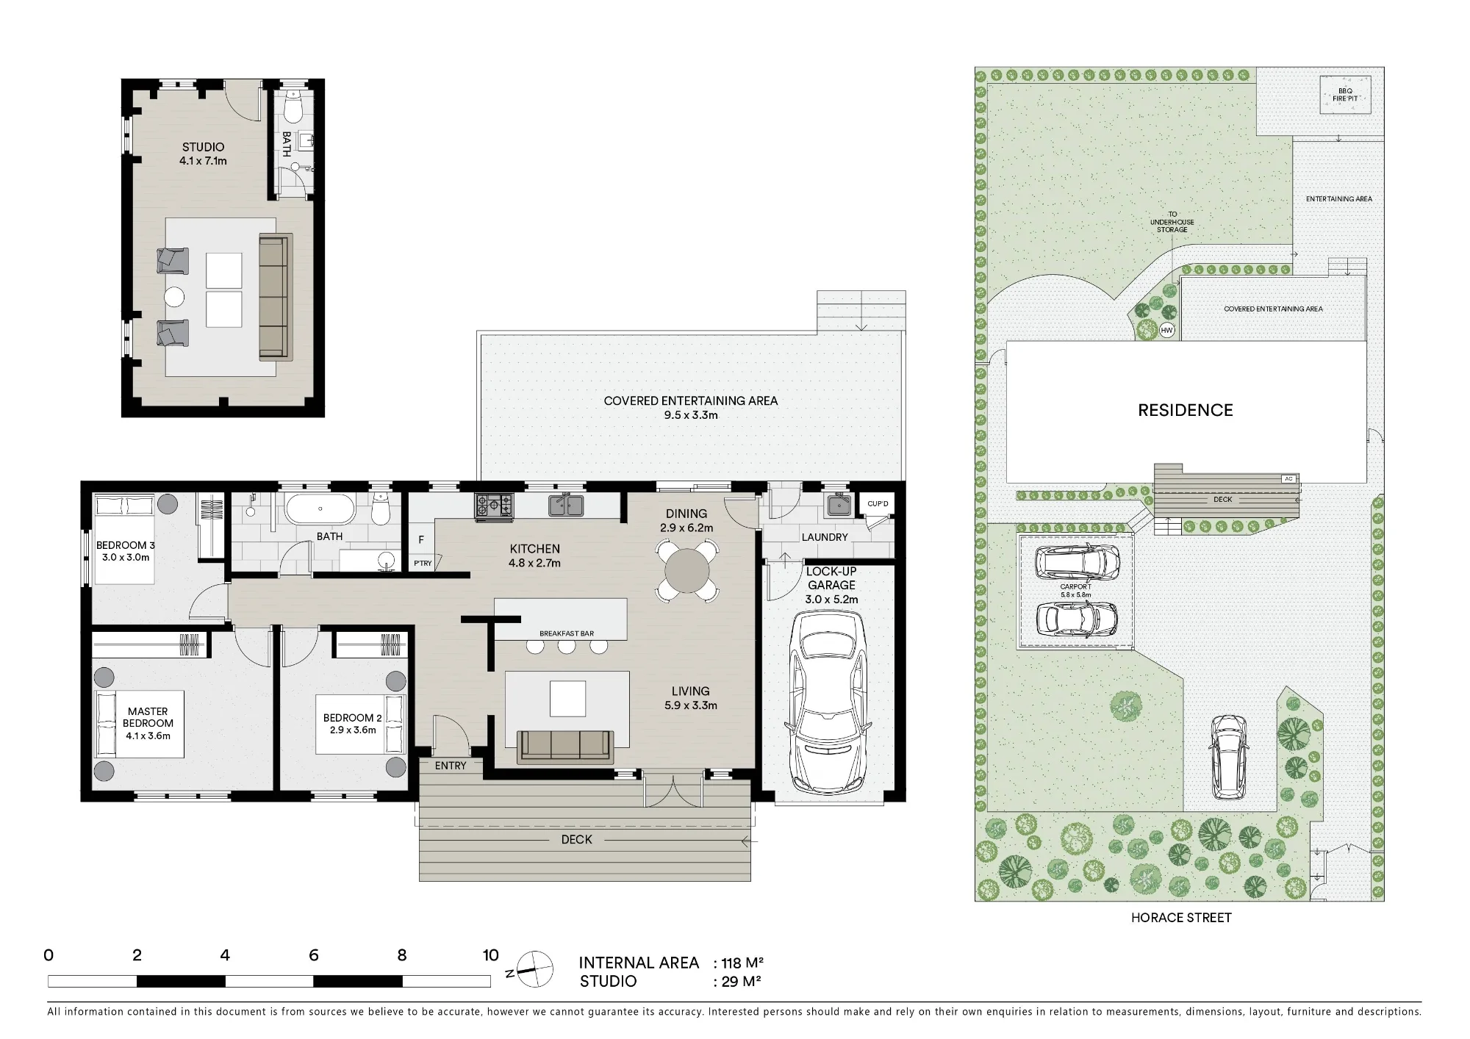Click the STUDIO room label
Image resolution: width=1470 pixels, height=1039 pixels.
[x=204, y=147]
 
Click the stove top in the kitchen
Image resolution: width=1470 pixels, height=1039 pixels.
[x=495, y=505]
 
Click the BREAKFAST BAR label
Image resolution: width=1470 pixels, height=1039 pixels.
[x=567, y=633]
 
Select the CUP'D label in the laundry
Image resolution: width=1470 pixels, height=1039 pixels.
[x=878, y=504]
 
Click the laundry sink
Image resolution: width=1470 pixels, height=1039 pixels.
[x=839, y=506]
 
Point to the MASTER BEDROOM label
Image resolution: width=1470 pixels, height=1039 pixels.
[x=148, y=717]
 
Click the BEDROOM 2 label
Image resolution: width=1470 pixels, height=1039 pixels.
[x=353, y=718]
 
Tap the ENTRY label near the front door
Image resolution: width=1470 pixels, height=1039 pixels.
[x=451, y=766]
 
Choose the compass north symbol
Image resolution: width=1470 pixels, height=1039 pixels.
[x=534, y=970]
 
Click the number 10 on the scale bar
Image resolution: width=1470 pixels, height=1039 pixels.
[x=490, y=955]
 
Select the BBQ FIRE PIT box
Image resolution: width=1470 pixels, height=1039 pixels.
[x=1345, y=95]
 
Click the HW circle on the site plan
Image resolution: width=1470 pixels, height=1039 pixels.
[x=1166, y=331]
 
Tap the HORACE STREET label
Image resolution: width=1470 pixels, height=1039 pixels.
[x=1181, y=918]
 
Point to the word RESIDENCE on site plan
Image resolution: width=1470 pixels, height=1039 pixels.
[x=1186, y=411]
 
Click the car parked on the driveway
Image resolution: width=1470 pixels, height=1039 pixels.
[x=1229, y=756]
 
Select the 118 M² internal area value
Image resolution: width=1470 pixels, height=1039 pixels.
[x=742, y=963]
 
